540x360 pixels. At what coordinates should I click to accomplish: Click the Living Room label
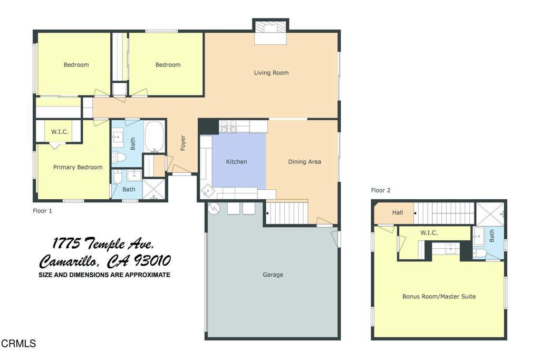pos(271,73)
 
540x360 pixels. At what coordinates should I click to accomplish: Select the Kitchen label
pos(236,162)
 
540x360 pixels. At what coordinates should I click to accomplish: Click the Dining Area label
pos(304,162)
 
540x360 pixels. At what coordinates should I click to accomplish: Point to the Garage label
pos(273,275)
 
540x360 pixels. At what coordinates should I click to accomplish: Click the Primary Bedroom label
pos(78,168)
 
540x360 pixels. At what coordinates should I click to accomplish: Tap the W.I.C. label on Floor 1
pos(60,132)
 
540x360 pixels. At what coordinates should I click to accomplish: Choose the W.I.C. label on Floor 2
pos(429,232)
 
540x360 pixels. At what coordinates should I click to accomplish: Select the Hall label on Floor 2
pos(398,213)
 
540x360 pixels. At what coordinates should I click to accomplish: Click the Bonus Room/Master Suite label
pos(439,297)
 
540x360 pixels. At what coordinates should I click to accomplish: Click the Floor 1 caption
pos(43,210)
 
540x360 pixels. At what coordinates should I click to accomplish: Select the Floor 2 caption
pos(380,190)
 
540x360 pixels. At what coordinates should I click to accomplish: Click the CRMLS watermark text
pos(18,344)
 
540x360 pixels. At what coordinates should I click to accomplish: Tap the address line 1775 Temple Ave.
pos(103,244)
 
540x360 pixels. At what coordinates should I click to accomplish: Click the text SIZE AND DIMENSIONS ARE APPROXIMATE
pos(104,275)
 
